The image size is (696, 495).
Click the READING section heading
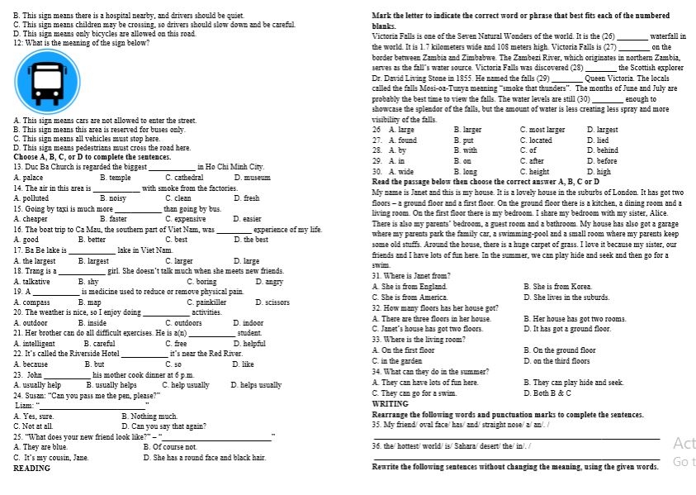click(x=32, y=469)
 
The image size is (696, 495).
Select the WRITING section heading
click(x=391, y=404)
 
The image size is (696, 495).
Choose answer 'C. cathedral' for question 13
click(x=184, y=178)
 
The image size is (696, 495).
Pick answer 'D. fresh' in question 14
click(x=247, y=198)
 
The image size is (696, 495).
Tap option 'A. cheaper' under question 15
click(x=31, y=219)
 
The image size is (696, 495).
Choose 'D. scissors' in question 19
click(x=272, y=302)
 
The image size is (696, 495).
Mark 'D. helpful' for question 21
click(x=249, y=343)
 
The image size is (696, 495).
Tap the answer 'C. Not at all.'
click(x=34, y=426)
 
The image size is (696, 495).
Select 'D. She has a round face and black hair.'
click(x=204, y=457)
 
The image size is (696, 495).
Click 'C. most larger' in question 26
click(x=542, y=130)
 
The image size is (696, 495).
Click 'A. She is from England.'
click(x=410, y=286)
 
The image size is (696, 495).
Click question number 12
click(x=19, y=42)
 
